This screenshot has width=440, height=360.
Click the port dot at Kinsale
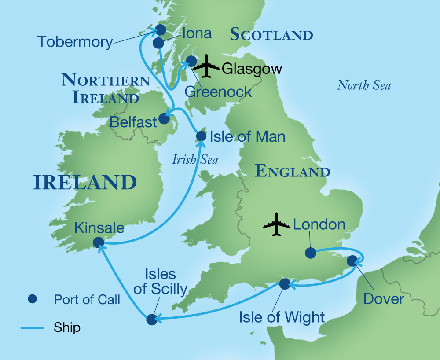98,242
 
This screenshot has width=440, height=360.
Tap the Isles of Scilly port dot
151,320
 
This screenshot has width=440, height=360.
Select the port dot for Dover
352,261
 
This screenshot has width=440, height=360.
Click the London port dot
310,253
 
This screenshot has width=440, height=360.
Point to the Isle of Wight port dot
285,284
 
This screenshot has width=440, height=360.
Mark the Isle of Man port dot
201,136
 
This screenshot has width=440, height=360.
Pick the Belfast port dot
163,118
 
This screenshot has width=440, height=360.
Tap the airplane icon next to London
276,224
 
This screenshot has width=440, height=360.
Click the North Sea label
364,85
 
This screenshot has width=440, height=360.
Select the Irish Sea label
195,159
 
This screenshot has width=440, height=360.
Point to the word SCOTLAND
271,34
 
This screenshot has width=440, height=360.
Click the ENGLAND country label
293,171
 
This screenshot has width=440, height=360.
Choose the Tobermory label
75,42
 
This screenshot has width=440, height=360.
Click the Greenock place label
218,92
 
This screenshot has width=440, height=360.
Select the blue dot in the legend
32,299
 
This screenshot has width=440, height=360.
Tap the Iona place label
197,33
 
